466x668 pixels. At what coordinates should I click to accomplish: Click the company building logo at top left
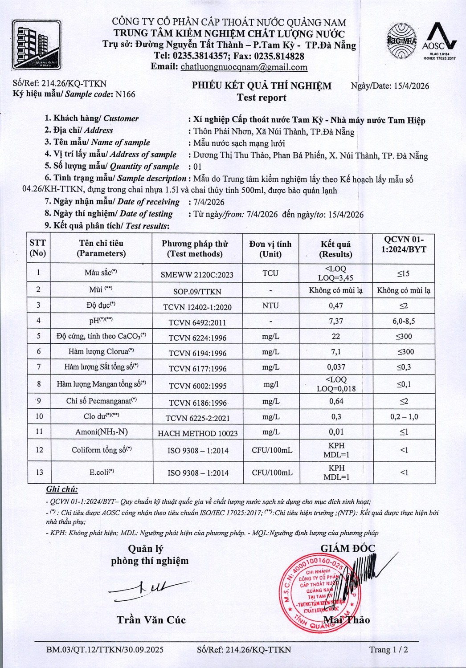point(37,44)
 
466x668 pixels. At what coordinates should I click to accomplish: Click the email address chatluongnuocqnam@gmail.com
point(244,67)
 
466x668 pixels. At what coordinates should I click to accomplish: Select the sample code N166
point(125,94)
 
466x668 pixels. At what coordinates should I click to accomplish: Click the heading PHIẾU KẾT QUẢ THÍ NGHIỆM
point(262,86)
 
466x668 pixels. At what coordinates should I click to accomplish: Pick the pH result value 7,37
point(335,321)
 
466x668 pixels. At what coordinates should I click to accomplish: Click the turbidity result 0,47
point(335,305)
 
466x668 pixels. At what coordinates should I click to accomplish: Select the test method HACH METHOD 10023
point(197,433)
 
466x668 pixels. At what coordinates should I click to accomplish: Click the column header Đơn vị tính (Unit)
point(270,249)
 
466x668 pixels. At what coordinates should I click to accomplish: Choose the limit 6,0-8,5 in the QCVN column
point(404,321)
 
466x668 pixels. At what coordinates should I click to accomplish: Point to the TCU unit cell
point(270,273)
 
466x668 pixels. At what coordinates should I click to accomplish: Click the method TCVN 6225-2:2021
point(197,418)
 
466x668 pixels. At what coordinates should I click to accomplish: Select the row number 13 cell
point(39,472)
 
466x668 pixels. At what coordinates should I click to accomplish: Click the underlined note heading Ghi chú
point(62,489)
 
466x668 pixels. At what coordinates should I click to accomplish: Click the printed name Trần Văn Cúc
point(151,620)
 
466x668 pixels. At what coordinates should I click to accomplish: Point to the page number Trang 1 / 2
point(388,649)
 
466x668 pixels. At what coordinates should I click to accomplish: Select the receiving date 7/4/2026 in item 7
point(209,202)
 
